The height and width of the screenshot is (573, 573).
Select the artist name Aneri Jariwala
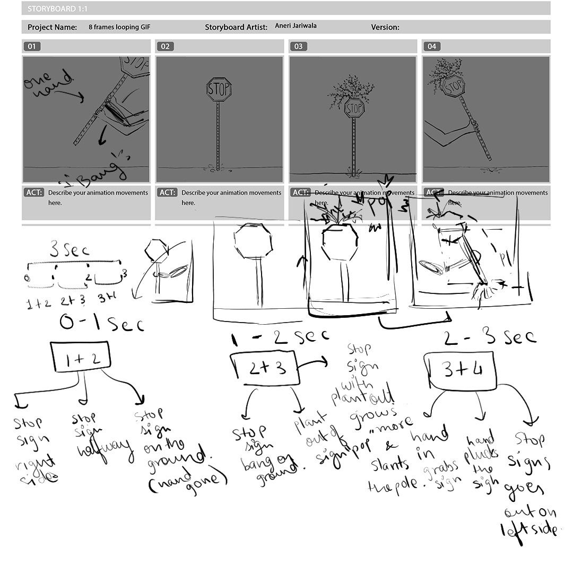coord(296,26)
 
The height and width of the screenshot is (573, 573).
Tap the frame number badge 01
coord(32,47)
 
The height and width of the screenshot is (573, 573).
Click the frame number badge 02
coord(165,47)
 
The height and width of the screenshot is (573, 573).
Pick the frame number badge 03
coord(299,47)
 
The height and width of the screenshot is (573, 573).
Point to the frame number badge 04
coord(432,47)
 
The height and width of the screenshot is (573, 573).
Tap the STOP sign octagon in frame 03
coord(354,109)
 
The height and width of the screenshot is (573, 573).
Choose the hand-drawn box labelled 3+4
coord(462,370)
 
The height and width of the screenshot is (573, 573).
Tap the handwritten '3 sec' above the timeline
coord(69,250)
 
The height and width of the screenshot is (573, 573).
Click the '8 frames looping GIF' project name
coord(119,27)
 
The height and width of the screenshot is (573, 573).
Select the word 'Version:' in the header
coord(385,27)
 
